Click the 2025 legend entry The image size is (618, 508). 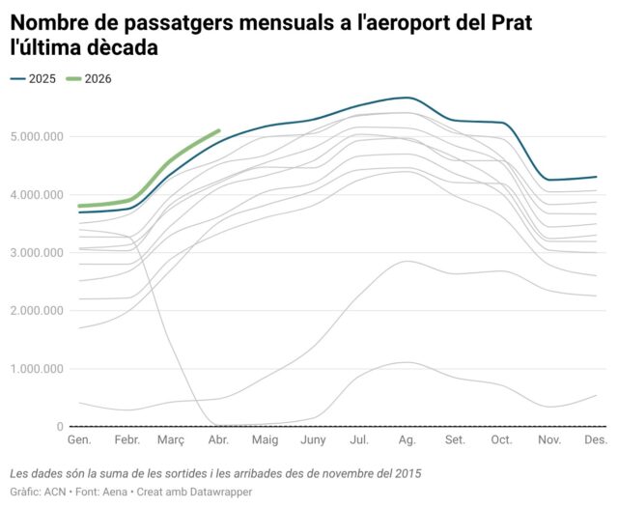click(x=33, y=79)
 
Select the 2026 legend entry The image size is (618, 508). click(x=89, y=79)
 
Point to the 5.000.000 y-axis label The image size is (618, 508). click(x=37, y=137)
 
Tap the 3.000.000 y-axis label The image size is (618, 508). click(x=37, y=253)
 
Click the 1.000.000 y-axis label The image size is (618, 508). click(x=37, y=369)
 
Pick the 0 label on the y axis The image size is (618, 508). click(x=60, y=427)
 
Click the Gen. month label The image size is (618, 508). click(x=79, y=439)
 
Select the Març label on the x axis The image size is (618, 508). click(x=171, y=440)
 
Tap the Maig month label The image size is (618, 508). click(x=266, y=440)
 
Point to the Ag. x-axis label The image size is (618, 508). click(x=407, y=440)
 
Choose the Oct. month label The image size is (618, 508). click(x=502, y=439)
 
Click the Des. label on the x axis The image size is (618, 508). click(x=596, y=439)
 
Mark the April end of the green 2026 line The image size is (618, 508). click(x=219, y=130)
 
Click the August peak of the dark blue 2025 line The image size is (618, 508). click(x=407, y=98)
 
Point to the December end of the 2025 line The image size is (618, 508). click(x=596, y=177)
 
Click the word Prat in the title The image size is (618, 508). click(x=511, y=22)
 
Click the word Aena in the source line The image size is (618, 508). click(x=115, y=492)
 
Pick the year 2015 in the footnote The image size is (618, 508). click(x=408, y=473)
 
